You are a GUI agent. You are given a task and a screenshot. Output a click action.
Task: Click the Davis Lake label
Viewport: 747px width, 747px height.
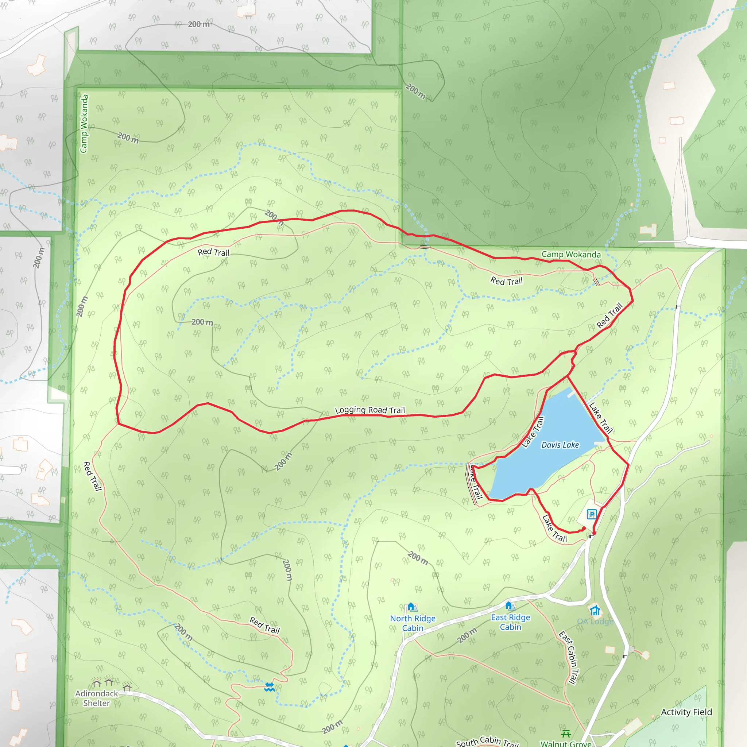point(560,445)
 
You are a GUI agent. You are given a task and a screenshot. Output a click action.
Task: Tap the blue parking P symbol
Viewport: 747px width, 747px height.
point(592,514)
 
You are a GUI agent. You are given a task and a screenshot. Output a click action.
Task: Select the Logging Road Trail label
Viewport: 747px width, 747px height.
point(369,410)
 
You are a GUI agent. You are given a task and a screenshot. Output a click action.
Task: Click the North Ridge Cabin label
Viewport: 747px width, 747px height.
point(413,623)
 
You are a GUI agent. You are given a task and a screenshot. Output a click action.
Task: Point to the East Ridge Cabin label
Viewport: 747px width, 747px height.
point(510,622)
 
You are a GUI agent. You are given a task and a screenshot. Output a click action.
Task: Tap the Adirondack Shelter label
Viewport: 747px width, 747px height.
point(96,698)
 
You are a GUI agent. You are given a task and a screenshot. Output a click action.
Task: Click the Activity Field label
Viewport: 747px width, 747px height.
point(686,712)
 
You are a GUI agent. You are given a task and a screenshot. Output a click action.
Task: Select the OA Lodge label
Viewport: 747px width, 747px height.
point(595,622)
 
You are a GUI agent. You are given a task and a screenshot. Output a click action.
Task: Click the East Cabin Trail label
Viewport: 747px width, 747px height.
point(569,657)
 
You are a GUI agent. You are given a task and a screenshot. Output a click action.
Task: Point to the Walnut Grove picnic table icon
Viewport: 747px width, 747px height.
point(566,733)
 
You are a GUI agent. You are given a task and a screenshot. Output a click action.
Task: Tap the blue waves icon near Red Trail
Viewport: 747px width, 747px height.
point(270,687)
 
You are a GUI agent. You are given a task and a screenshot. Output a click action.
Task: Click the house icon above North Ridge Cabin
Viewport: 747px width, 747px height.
point(412,607)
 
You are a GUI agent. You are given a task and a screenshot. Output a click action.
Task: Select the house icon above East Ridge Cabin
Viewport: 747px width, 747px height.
point(510,605)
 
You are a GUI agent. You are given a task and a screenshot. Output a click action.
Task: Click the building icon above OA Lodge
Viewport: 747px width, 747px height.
point(595,610)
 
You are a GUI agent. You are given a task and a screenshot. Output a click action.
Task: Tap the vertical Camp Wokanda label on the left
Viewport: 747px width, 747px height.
point(84,124)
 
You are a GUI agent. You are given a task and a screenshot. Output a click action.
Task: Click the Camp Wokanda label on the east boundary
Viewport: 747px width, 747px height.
point(571,255)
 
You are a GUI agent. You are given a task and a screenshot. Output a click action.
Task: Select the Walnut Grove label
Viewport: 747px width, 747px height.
point(566,743)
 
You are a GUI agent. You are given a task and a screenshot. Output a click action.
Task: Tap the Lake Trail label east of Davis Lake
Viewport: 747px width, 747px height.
point(600,418)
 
